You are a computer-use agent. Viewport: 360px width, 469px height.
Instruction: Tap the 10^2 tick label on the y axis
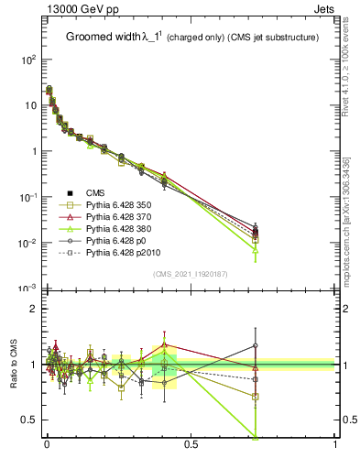[29, 60]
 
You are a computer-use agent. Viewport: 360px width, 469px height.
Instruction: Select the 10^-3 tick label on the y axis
[29, 289]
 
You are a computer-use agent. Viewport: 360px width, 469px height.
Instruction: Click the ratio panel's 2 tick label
[35, 309]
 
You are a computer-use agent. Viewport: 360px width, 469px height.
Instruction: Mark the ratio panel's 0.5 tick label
[30, 420]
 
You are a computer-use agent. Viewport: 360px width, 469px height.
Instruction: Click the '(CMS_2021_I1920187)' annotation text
[191, 275]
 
